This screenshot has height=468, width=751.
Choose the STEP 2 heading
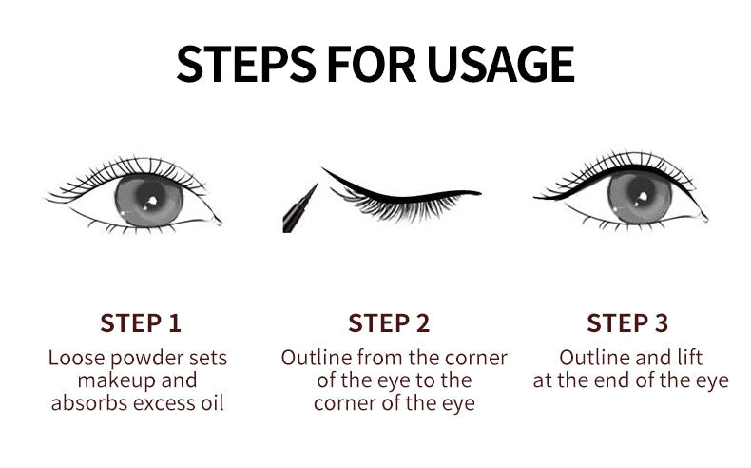389,322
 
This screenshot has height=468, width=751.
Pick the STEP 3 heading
627,322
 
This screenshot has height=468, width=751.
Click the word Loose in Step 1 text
75,359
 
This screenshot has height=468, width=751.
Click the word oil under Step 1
215,403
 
